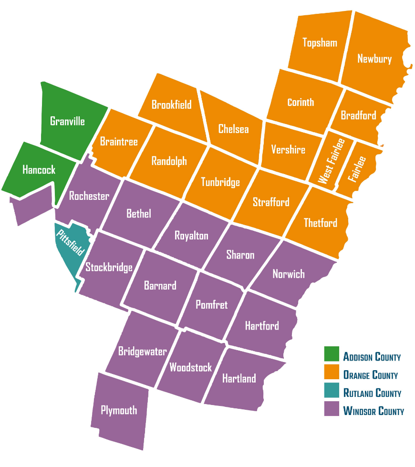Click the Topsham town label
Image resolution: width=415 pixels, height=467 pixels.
point(320,43)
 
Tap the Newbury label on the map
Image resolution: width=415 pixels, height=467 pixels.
point(374,59)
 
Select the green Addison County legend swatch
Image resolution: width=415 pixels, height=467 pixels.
point(332,355)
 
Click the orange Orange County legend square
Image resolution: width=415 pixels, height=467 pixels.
point(332,374)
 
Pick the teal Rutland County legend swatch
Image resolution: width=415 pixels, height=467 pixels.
point(332,392)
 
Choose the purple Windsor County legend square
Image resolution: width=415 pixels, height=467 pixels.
point(332,410)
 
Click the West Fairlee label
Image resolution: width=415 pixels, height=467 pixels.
point(331,161)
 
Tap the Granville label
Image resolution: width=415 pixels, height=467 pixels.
point(67,121)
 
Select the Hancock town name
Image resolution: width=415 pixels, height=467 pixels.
point(39,170)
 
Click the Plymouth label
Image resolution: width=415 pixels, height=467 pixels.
point(119,410)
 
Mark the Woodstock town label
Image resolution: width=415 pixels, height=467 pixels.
point(190,367)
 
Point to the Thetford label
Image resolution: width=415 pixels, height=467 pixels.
point(321,223)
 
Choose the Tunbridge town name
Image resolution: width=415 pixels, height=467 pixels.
point(220,182)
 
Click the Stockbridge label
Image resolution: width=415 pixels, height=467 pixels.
point(109,267)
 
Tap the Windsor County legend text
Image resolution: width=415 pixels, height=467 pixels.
point(373,411)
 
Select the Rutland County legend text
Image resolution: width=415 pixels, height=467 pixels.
point(372,393)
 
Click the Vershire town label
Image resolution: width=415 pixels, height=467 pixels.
point(288,150)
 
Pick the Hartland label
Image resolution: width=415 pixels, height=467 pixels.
point(239,379)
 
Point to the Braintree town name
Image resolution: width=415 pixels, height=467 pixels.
point(119,142)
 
